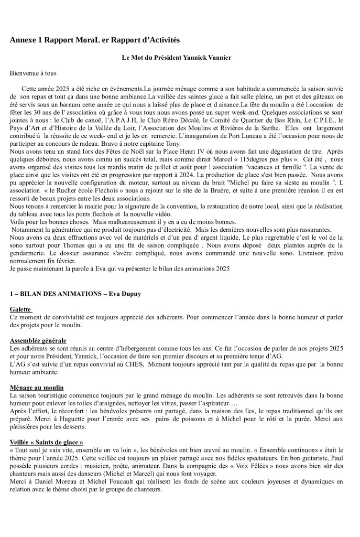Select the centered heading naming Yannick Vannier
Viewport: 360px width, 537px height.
180,57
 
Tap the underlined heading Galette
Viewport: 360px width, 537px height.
20,309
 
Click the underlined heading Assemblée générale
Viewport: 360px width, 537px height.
38,340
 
